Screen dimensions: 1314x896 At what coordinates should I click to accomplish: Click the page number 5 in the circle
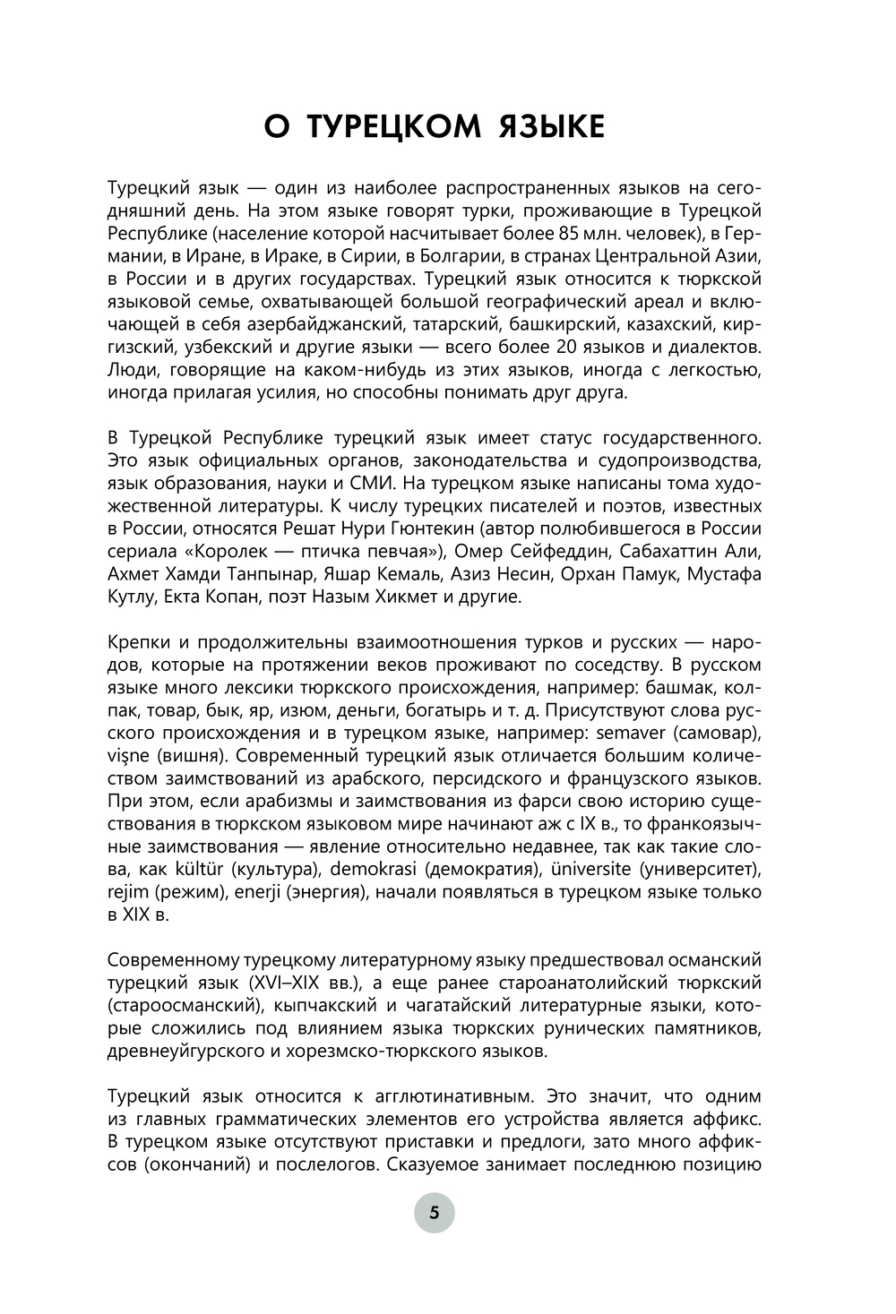(x=435, y=1214)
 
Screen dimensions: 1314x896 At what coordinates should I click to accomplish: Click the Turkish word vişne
(x=130, y=755)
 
